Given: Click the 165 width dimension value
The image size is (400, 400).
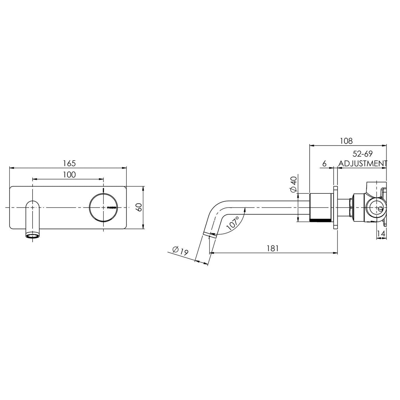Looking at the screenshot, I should point(69,163).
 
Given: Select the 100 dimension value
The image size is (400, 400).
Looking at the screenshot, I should point(69,175).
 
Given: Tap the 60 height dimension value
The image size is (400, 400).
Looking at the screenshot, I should point(139,207).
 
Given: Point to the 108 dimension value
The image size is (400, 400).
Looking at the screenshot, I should point(346,141).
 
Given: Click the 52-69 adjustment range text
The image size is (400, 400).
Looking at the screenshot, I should point(363,154).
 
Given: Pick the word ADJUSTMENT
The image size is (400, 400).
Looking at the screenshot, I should point(363,163).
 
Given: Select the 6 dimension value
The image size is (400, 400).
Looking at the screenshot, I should point(324,163).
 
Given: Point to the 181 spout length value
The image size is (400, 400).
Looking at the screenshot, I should point(273,248).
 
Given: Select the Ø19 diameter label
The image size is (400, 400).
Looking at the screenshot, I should point(180,251).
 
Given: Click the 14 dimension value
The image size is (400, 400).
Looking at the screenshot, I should point(381,234).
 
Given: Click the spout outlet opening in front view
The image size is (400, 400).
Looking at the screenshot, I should point(33,236).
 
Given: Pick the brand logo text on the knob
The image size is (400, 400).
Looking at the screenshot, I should point(111,208).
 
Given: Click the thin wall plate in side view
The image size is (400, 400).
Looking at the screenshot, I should point(335,207).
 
